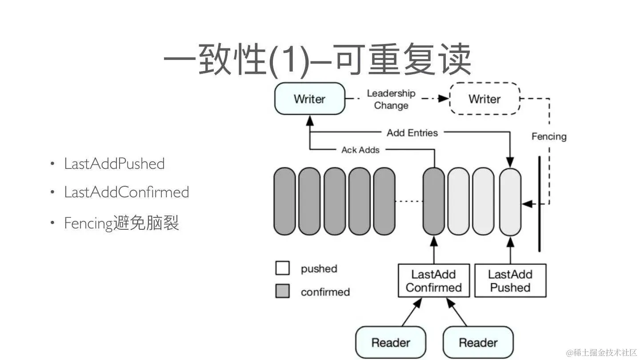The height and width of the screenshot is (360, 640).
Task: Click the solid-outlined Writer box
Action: [310, 99]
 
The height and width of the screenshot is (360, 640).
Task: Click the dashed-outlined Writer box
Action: [484, 99]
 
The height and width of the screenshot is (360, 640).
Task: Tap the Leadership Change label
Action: [391, 99]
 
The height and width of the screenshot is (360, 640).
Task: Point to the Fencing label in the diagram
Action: [549, 136]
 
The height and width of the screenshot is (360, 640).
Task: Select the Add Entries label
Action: [412, 132]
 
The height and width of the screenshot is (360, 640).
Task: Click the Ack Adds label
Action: [360, 150]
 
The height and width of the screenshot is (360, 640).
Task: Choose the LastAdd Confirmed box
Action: [433, 281]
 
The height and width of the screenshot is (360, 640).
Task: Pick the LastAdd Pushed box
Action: [510, 281]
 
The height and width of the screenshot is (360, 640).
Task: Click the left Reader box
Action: [391, 342]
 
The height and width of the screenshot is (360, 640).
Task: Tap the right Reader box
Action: [478, 342]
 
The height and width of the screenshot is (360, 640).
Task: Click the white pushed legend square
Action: [282, 268]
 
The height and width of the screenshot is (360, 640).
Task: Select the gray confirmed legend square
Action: [282, 292]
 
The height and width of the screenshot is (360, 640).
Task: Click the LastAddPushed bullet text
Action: [114, 164]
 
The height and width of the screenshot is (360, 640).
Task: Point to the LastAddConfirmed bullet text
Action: [127, 192]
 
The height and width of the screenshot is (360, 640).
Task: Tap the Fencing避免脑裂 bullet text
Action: [121, 222]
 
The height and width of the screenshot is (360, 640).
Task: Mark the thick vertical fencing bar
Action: [540, 204]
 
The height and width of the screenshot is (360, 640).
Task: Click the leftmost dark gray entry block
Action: [285, 201]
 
